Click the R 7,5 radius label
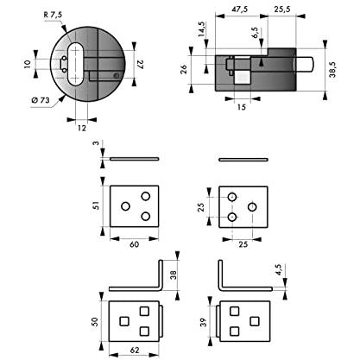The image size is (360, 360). click(53, 15)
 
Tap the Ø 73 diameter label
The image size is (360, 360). click(41, 100)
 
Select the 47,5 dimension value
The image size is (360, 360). click(240, 9)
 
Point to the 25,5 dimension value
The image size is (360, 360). click(282, 9)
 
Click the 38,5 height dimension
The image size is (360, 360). click(333, 69)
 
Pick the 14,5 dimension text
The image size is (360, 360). click(201, 29)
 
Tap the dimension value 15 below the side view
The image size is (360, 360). click(242, 107)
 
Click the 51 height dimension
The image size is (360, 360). click(96, 205)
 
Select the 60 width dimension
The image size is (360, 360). click(134, 244)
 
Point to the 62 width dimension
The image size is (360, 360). click(135, 351)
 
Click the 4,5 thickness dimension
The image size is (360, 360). click(279, 269)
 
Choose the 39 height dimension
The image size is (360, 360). click(203, 322)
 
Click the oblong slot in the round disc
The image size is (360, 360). click(76, 64)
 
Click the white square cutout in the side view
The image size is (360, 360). click(243, 78)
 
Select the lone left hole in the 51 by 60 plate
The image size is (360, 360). click(125, 206)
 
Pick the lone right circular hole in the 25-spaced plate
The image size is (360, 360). click(252, 206)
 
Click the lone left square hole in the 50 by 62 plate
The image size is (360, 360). click(124, 321)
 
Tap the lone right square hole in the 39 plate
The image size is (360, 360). click(255, 321)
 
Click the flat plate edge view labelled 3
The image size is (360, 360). click(135, 159)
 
